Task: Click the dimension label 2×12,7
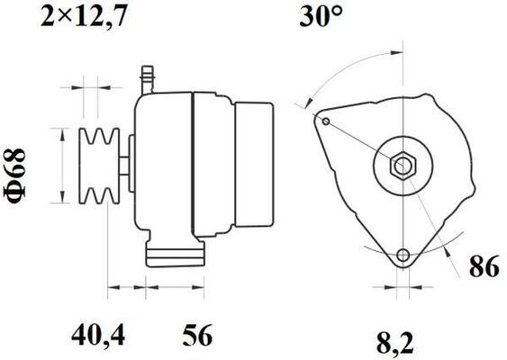(83, 16)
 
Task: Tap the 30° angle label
(320, 16)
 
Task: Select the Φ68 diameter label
(14, 176)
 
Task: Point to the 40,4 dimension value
(98, 335)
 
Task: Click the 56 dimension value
(197, 335)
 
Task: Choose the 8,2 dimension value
(395, 343)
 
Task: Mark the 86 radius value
(484, 266)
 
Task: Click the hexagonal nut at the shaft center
(403, 166)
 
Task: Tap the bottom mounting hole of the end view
(403, 256)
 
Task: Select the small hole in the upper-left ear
(326, 121)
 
